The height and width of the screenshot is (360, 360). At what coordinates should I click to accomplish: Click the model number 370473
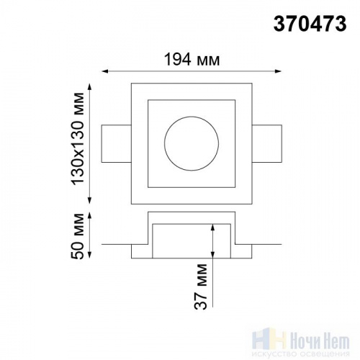[x=310, y=24]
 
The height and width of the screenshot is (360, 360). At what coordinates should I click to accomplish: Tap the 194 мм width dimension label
[x=192, y=60]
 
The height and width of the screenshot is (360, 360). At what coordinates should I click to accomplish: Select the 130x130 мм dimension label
[x=78, y=138]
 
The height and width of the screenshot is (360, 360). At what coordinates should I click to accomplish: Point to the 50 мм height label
[x=78, y=236]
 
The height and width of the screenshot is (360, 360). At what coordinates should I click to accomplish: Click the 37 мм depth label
[x=201, y=287]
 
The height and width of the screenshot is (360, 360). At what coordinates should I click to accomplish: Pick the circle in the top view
[x=192, y=117]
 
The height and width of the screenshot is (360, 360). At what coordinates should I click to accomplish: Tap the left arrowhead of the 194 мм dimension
[x=104, y=71]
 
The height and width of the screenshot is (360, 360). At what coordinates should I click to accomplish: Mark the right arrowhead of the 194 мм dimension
[x=278, y=71]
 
